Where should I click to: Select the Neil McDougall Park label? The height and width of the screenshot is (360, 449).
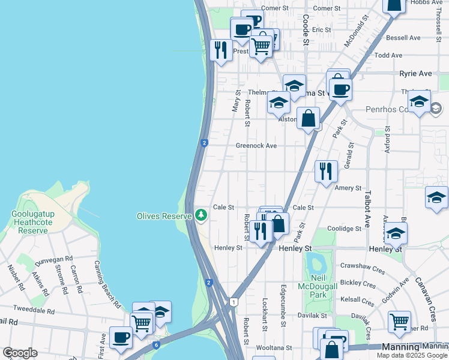318,286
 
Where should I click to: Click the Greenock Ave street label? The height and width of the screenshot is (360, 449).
256,146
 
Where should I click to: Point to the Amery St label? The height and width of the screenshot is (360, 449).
348,188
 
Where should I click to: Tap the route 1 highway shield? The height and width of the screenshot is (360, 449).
233,301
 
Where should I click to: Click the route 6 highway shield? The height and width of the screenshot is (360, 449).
156,345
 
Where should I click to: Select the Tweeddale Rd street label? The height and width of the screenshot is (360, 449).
34,311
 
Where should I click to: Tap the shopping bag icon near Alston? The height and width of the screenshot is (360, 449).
308,118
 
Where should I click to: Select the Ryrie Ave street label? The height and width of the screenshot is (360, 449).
415,73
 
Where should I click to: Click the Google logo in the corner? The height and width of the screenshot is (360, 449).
20,353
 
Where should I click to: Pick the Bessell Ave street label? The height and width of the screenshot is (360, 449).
403,37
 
